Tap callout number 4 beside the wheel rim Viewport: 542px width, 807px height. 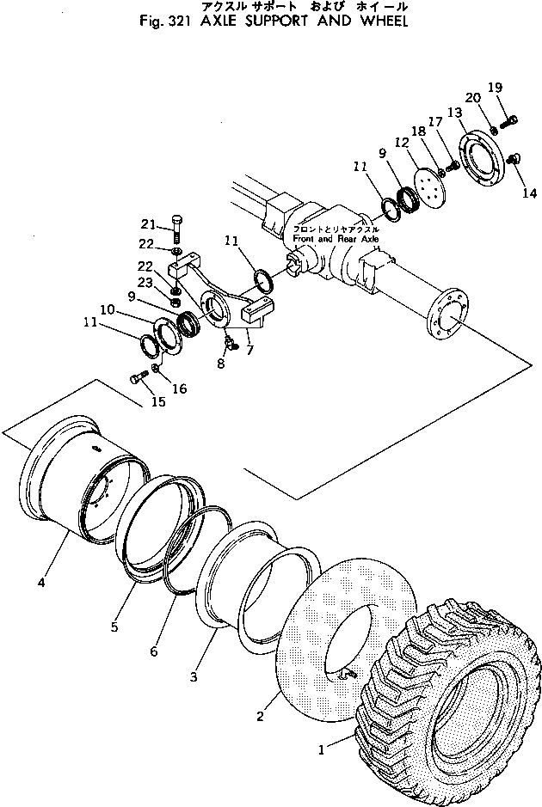(x=40, y=584)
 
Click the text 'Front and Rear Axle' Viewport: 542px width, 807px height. (x=336, y=238)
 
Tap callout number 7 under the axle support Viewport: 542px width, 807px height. (x=249, y=350)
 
